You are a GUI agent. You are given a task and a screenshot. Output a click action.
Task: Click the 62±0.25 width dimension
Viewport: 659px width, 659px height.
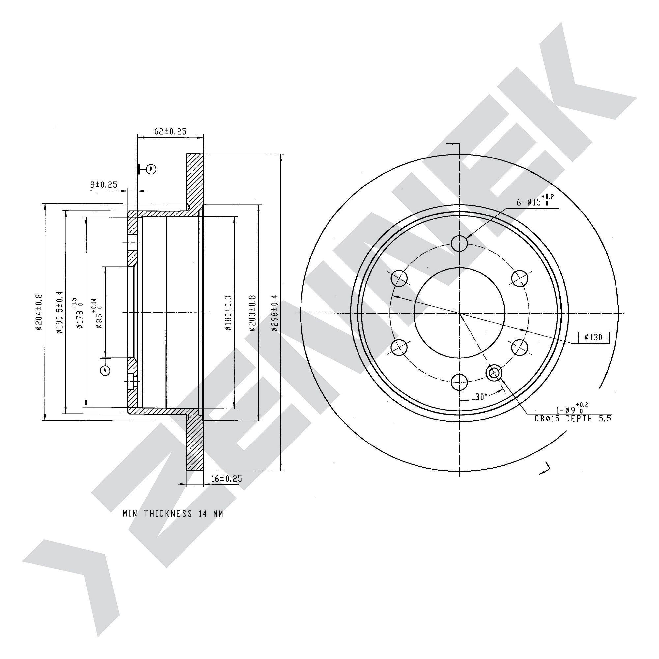[x=170, y=131]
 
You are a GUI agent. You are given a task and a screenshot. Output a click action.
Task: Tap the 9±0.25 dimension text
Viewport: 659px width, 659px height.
[x=104, y=185]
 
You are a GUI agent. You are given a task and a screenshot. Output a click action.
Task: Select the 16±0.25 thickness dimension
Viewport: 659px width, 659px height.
[x=226, y=478]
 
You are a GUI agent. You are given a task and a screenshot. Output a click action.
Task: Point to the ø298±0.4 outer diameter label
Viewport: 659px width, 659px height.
[x=274, y=313]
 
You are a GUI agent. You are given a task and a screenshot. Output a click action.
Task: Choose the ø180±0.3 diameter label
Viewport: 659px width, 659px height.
[x=228, y=313]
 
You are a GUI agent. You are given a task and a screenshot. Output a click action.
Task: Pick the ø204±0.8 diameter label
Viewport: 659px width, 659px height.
[x=39, y=312]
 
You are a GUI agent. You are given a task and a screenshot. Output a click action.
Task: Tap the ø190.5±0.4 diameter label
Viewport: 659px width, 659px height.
[x=59, y=312]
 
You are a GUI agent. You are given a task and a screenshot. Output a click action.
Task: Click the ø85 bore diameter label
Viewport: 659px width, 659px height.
[x=97, y=313]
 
